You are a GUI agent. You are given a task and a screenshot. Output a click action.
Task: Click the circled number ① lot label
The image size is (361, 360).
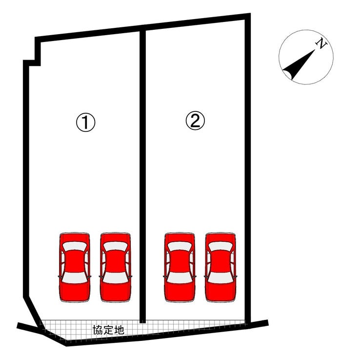[86, 123]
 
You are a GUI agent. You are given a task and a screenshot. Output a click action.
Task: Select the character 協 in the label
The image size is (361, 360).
[98, 330]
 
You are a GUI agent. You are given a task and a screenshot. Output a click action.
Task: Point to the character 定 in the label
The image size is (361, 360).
[108, 330]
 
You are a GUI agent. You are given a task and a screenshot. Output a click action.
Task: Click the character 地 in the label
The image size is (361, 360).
[119, 330]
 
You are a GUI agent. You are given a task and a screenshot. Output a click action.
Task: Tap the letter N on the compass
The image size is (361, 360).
[321, 43]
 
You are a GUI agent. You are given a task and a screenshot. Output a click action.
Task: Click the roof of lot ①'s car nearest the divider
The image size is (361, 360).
[116, 261]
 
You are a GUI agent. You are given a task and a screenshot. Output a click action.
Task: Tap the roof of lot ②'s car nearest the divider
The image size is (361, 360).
[180, 261]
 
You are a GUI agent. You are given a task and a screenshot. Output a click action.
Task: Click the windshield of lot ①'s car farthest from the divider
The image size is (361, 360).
[75, 247]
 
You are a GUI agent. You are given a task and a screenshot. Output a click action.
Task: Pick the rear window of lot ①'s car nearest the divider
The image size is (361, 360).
[116, 278]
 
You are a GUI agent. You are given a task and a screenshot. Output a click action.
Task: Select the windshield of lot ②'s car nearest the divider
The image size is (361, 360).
[180, 247]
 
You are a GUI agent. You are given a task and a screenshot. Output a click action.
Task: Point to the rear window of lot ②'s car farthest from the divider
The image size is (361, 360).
[221, 278]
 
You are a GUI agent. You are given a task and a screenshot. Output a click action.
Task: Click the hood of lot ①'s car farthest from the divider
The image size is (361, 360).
[75, 237]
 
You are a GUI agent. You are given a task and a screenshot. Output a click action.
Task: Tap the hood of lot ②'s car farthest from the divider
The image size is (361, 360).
[221, 237]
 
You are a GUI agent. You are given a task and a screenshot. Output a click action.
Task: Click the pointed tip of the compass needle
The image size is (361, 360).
[315, 49]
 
